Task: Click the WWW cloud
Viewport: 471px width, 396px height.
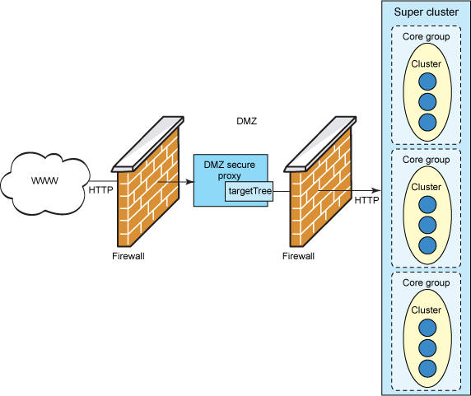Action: tap(44, 180)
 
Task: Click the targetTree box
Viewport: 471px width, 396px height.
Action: tap(249, 190)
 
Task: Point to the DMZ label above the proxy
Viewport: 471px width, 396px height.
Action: tap(246, 121)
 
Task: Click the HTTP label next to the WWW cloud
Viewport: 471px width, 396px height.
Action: tap(101, 190)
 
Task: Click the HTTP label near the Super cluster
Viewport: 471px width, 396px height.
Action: tap(367, 200)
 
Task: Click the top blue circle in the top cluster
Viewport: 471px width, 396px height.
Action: tap(427, 82)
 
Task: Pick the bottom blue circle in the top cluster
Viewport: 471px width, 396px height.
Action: tap(427, 121)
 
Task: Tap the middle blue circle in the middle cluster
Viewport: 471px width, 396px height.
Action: tap(427, 225)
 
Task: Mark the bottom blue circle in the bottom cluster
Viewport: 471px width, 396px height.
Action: tap(427, 368)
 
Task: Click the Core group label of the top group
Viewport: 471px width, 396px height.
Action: tap(426, 37)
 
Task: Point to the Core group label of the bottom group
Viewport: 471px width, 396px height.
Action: tap(426, 283)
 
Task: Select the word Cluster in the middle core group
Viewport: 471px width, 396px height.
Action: tap(426, 187)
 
